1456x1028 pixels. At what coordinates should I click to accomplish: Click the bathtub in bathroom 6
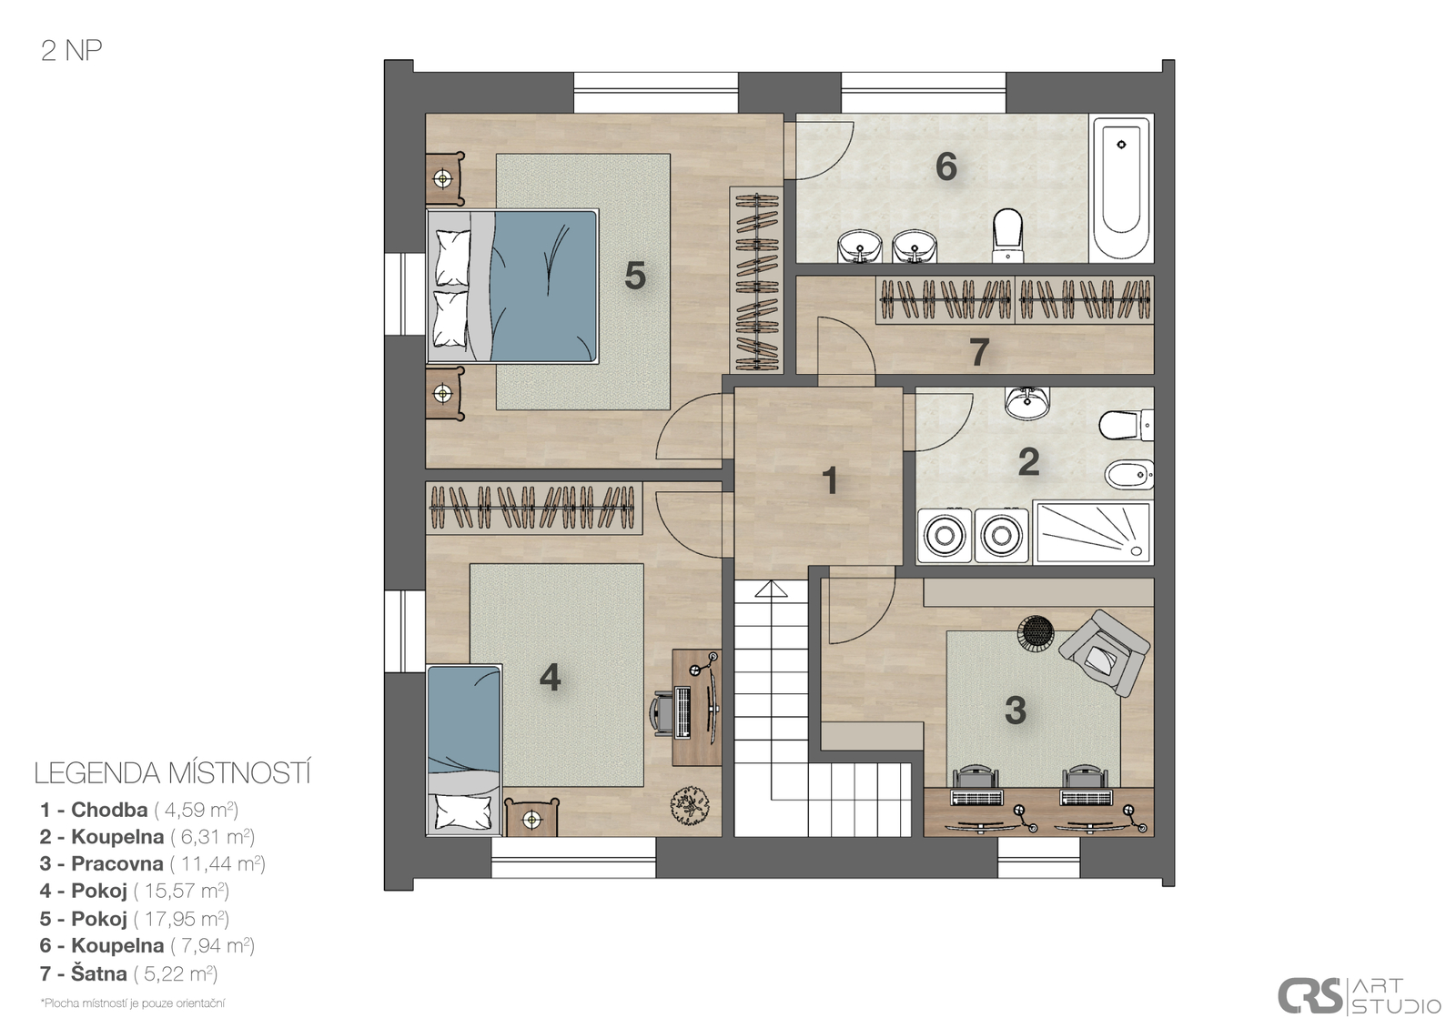tap(1120, 188)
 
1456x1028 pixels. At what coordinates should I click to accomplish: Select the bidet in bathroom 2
tap(1129, 475)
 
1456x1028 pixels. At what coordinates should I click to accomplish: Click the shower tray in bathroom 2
tap(1092, 531)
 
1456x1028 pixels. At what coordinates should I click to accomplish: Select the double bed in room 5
tap(512, 286)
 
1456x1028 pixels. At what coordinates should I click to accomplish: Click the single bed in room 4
tap(464, 750)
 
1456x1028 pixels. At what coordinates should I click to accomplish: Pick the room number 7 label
tap(979, 351)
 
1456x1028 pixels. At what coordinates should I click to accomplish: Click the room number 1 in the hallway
tap(829, 481)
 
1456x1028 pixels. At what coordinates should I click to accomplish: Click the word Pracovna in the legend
tap(117, 863)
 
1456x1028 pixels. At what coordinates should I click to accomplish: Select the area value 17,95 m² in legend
tap(181, 918)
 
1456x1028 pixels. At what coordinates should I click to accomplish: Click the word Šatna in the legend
tap(99, 973)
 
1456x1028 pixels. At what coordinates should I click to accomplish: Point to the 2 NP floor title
tap(72, 51)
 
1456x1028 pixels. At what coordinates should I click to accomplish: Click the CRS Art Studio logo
tap(1359, 995)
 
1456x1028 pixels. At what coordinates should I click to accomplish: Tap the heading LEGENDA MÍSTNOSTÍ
tap(173, 773)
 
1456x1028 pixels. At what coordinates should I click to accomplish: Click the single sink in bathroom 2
tap(1027, 402)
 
